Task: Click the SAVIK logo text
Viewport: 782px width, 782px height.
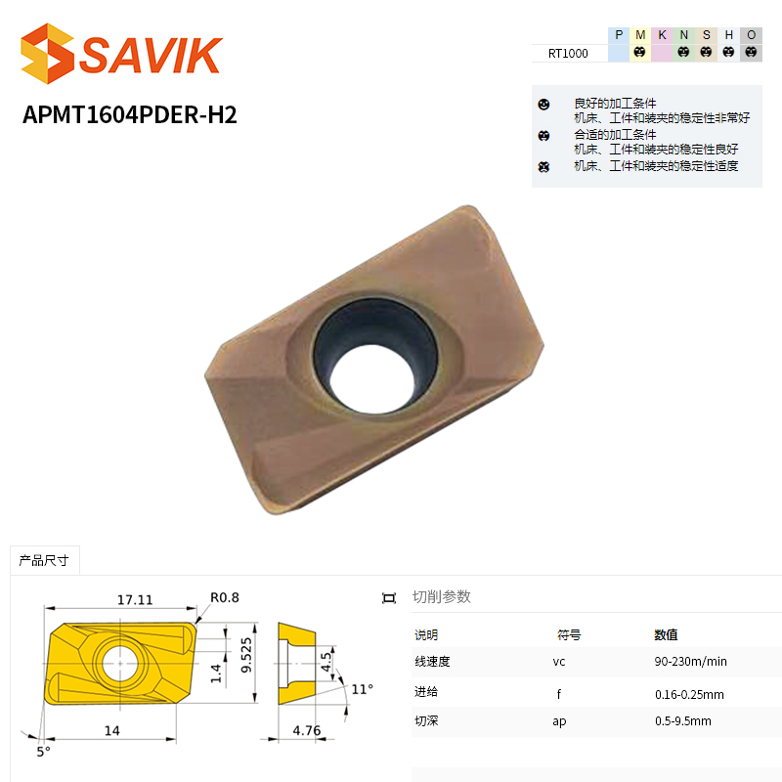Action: coord(151,55)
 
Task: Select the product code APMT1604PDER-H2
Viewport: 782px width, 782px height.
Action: coord(130,114)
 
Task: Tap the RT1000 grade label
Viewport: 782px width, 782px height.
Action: coord(568,54)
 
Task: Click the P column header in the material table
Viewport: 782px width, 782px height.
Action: coord(619,35)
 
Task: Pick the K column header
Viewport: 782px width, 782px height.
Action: coord(663,35)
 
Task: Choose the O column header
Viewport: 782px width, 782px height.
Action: coord(751,35)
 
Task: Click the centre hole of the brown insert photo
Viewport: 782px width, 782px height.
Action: coord(372,378)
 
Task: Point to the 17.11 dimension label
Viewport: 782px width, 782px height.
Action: coord(135,599)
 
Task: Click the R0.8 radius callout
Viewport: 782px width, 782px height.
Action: coord(225,597)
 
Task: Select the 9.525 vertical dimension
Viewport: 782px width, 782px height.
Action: coord(246,655)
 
